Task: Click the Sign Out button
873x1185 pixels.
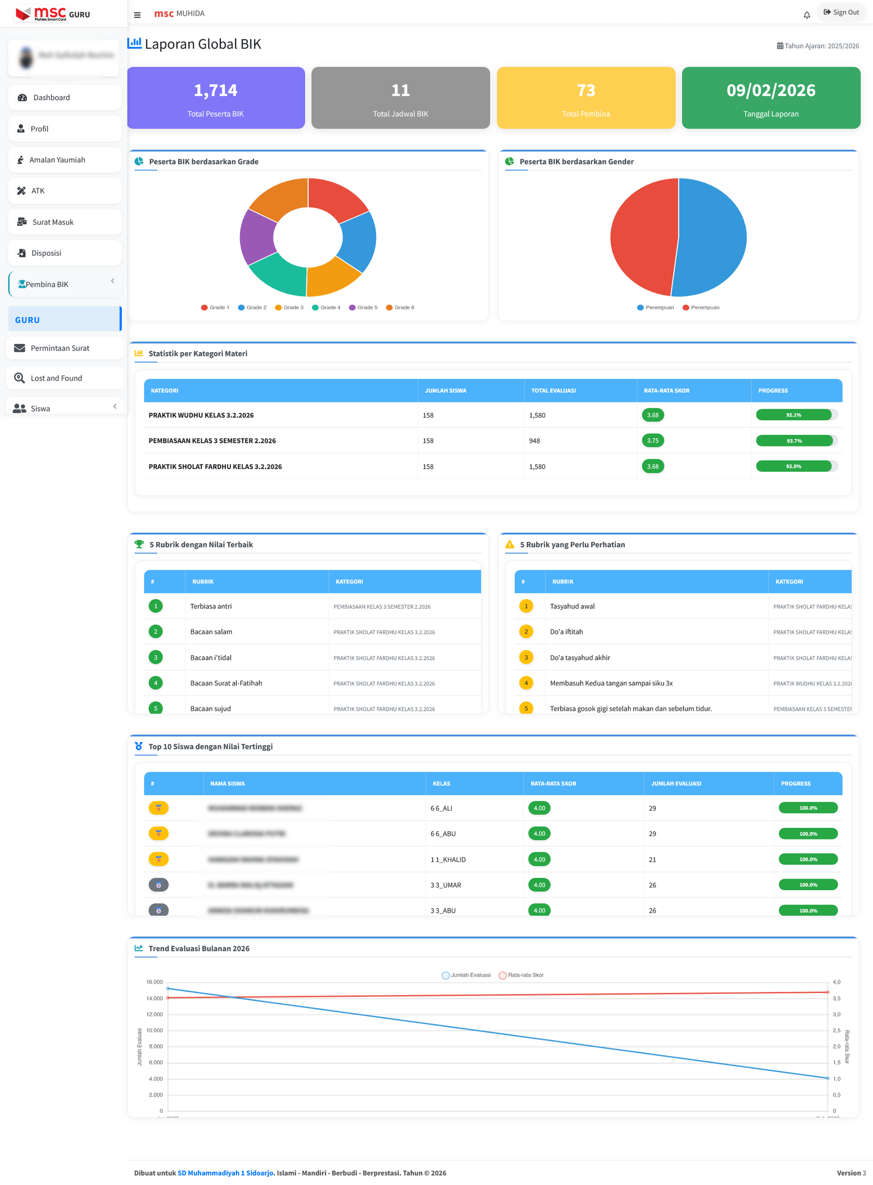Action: [841, 13]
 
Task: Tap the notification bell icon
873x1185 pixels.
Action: [806, 15]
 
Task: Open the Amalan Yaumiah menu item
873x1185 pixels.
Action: [57, 160]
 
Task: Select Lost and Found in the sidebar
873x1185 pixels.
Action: [56, 378]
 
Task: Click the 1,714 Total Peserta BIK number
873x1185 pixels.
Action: [216, 90]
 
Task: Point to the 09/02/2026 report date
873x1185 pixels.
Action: [770, 90]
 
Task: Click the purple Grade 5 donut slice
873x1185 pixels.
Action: [258, 237]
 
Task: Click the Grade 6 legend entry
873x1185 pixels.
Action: [400, 308]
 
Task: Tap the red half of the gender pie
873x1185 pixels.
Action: [643, 237]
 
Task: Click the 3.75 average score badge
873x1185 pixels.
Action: [653, 441]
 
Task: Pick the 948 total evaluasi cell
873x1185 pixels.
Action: [535, 441]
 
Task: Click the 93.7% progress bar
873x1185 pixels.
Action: [794, 441]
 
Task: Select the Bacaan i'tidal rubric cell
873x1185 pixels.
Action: [211, 658]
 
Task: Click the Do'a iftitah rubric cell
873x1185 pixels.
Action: [566, 632]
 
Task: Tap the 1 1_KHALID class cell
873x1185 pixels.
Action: [448, 860]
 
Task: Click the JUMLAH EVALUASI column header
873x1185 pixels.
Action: [676, 784]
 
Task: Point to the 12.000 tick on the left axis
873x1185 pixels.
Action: [154, 1015]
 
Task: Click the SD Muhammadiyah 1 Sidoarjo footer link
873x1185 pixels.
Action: [225, 1173]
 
